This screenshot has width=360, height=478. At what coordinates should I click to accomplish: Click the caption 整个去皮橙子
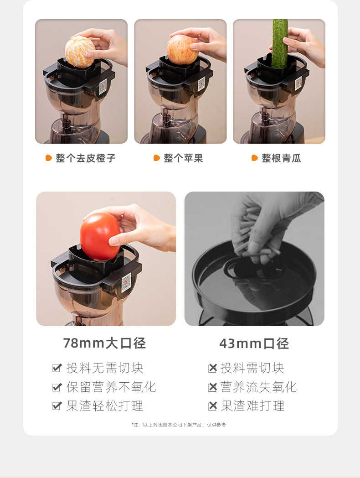click(x=86, y=158)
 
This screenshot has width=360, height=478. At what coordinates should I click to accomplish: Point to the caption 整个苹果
click(x=183, y=158)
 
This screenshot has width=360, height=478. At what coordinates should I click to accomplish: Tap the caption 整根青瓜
click(x=281, y=158)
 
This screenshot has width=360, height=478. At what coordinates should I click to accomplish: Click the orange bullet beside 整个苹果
click(x=156, y=158)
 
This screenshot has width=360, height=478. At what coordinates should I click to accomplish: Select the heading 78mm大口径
click(x=104, y=343)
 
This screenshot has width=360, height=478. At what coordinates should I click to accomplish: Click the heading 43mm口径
click(x=254, y=343)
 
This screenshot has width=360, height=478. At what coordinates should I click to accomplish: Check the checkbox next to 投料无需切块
click(x=57, y=368)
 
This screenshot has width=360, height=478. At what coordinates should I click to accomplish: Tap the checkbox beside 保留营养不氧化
click(x=57, y=387)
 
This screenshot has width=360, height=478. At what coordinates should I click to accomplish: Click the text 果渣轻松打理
click(x=105, y=406)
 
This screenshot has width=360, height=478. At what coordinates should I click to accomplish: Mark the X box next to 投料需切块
click(x=212, y=368)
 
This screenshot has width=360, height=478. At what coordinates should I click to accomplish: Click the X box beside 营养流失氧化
click(x=212, y=387)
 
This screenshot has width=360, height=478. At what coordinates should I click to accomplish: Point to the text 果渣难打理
click(x=252, y=406)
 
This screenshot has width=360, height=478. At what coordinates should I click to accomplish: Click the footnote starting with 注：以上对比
click(x=179, y=425)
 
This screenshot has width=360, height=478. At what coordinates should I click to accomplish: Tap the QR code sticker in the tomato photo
click(x=126, y=282)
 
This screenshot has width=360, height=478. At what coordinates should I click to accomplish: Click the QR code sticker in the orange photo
click(x=103, y=85)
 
